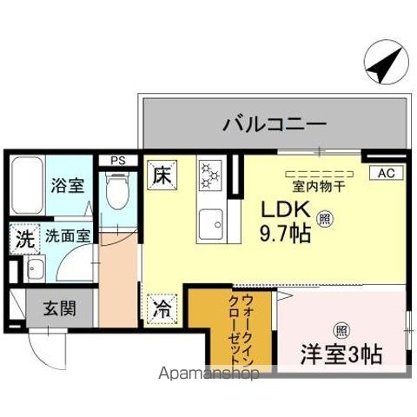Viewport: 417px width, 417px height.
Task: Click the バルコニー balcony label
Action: pyautogui.click(x=276, y=123)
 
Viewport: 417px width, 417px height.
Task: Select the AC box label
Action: pyautogui.click(x=384, y=173)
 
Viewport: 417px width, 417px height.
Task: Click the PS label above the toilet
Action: pyautogui.click(x=116, y=160)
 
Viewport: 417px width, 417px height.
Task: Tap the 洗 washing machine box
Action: pyautogui.click(x=22, y=237)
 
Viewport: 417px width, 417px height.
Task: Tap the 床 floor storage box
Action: pyautogui.click(x=162, y=174)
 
